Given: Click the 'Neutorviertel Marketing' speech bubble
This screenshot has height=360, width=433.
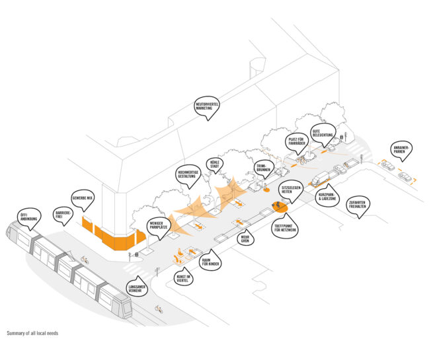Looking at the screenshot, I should pos(207,107).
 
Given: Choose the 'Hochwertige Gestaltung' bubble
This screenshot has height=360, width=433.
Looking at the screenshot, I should pos(188,175).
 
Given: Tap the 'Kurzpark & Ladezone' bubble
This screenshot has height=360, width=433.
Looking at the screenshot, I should pos(327,196).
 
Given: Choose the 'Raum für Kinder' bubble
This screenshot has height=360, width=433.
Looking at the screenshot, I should pos(210,258).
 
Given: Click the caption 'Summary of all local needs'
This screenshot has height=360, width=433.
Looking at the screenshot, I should pos(32,333).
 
